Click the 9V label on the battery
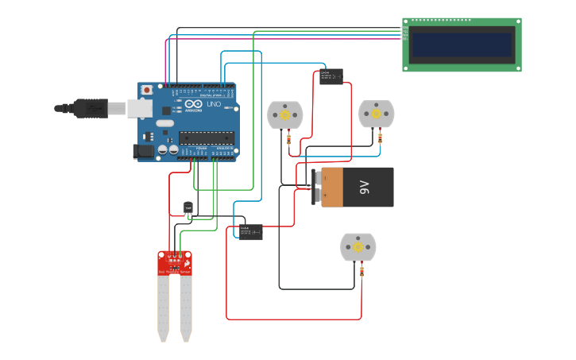(x=365, y=187)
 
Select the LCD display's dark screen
(x=462, y=45)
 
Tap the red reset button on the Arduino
(x=146, y=91)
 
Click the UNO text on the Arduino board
(x=214, y=104)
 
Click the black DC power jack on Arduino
(x=144, y=151)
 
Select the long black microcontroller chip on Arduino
(x=207, y=138)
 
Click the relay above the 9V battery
(x=331, y=77)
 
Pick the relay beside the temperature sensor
(x=251, y=232)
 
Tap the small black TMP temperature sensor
(x=188, y=208)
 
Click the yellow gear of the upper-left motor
(x=285, y=115)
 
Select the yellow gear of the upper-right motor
(x=376, y=114)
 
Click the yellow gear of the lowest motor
(x=358, y=247)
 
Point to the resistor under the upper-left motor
(x=288, y=141)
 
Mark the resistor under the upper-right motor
(x=380, y=138)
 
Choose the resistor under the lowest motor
(x=361, y=272)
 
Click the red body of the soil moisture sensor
(x=174, y=263)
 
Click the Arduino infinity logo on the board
(x=194, y=104)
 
